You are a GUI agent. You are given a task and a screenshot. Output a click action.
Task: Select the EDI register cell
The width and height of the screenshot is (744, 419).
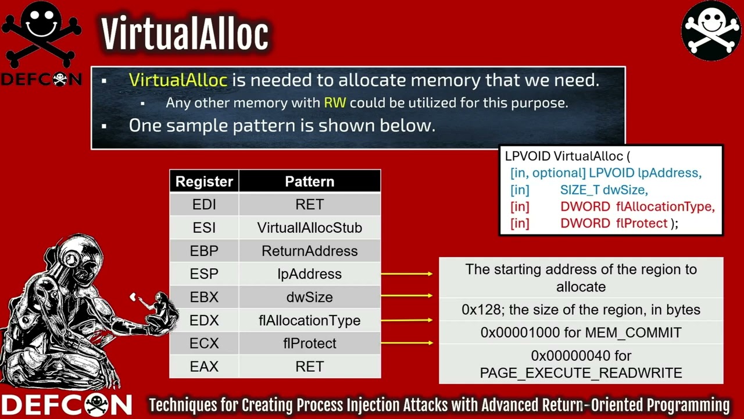[204, 204]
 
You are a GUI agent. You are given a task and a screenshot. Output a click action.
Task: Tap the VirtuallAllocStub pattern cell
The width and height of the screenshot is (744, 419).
[310, 228]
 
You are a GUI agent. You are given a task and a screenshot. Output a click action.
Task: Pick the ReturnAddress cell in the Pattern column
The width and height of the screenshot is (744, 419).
[310, 251]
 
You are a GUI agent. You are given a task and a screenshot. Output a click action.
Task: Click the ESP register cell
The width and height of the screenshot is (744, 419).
[204, 274]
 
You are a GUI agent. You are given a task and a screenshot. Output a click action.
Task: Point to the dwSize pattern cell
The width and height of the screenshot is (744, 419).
[310, 297]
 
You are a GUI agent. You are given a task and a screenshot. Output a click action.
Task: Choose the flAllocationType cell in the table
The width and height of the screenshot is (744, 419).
[310, 320]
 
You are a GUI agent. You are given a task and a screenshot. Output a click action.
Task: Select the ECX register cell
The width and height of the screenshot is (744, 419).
[204, 343]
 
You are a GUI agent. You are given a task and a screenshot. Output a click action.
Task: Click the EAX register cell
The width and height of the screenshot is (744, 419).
[204, 367]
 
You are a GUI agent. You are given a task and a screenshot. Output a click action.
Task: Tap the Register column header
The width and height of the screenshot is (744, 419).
[204, 181]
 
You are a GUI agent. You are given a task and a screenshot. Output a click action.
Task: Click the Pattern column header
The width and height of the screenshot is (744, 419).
[310, 181]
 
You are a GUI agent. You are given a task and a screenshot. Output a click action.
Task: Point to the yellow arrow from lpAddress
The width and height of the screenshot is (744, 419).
[407, 274]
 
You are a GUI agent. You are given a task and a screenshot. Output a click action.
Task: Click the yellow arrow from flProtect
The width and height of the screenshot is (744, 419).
[407, 343]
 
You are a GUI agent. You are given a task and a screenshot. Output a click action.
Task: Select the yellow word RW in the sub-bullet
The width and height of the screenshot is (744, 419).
[335, 103]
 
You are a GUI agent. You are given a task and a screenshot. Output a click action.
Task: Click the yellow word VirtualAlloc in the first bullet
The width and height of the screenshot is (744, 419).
[178, 80]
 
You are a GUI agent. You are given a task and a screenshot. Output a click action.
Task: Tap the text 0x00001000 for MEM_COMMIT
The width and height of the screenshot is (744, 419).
[581, 332]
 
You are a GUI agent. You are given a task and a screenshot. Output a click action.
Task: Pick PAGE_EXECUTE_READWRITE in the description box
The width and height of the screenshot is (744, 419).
[581, 373]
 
